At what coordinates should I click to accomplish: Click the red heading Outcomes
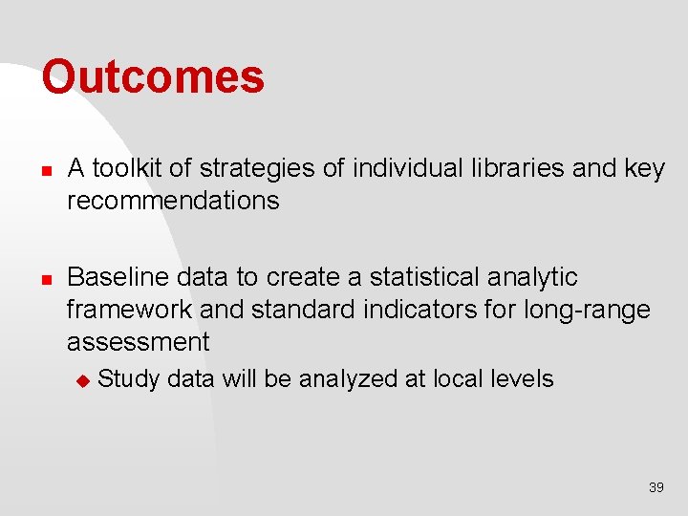[153, 77]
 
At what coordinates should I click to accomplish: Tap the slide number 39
[656, 487]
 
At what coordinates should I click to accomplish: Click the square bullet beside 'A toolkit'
[45, 170]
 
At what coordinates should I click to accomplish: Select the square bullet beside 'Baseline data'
[45, 278]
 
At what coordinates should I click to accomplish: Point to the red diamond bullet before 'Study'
[82, 380]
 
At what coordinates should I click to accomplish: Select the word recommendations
[173, 201]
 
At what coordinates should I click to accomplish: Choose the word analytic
[534, 277]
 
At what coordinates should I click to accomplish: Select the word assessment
[138, 342]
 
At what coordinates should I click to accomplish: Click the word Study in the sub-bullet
[129, 379]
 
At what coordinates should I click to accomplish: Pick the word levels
[520, 379]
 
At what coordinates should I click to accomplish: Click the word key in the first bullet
[644, 169]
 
